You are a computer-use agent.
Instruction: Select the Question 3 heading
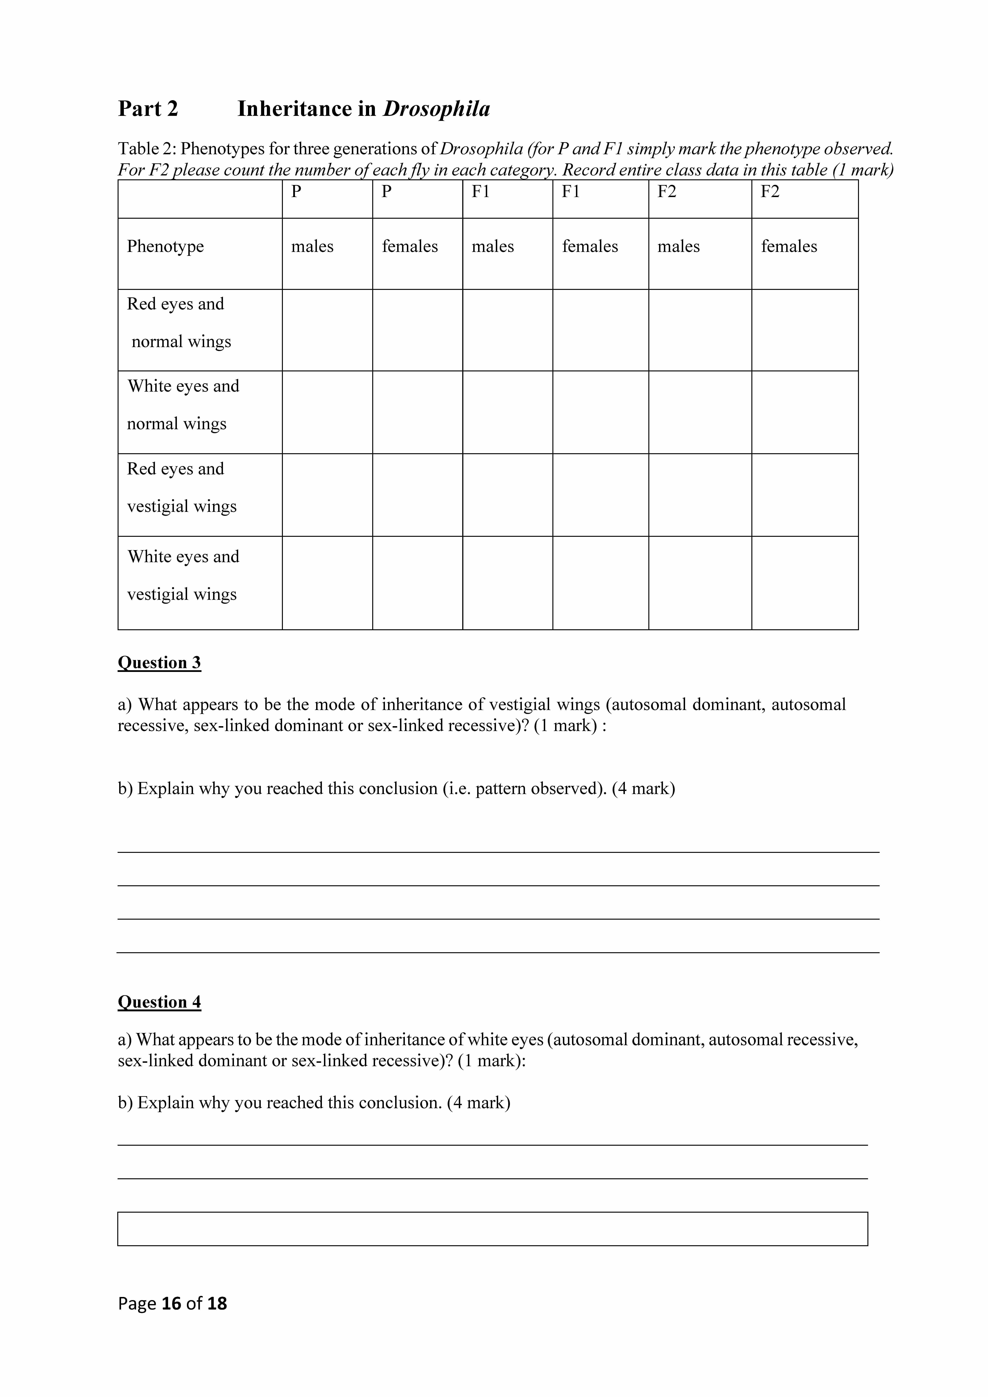coord(159,663)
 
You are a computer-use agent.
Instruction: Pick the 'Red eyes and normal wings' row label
coord(179,322)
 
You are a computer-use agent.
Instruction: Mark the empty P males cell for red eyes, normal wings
coord(327,330)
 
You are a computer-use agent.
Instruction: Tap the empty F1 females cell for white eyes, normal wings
coord(600,412)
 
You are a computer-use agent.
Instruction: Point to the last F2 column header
coord(770,192)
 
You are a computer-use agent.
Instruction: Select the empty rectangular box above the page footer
coord(492,1228)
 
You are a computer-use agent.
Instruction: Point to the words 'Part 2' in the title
coord(148,109)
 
